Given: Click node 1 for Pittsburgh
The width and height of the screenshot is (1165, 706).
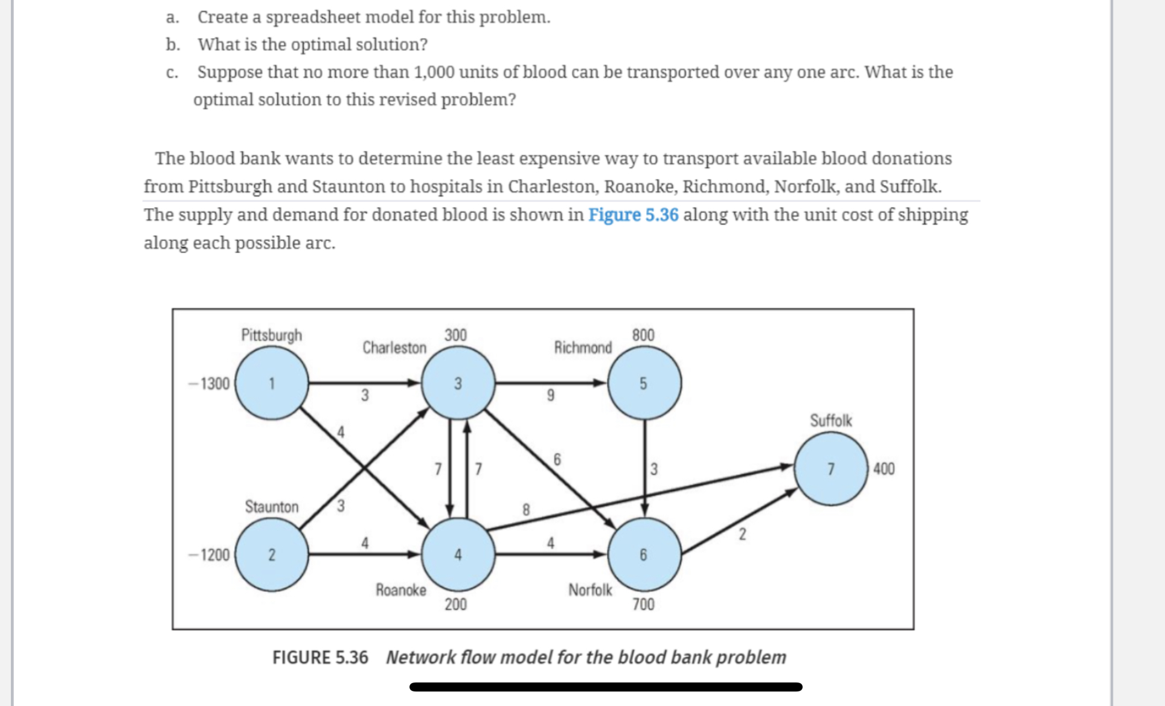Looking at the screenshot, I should click(272, 383).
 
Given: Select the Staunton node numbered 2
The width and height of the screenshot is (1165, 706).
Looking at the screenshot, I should click(272, 555).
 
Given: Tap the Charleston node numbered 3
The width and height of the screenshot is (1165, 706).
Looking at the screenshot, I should click(458, 383).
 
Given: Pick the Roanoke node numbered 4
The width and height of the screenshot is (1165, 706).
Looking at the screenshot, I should click(458, 555).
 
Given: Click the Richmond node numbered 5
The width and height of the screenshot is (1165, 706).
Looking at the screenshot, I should click(644, 383).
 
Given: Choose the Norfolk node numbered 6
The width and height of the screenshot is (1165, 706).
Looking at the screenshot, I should click(644, 555).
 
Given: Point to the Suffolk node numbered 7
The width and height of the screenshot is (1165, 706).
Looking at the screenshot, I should click(831, 469).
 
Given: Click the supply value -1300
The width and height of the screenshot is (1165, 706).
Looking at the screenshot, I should click(209, 384).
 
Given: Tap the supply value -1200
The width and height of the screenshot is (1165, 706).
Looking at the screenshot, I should click(209, 555).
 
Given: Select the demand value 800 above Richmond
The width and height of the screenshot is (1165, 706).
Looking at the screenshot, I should click(643, 335).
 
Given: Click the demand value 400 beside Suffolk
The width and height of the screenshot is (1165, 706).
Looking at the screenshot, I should click(884, 469).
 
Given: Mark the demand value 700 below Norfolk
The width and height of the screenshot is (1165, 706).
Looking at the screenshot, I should click(643, 604).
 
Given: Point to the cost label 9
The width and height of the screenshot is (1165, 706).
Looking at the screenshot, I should click(550, 396).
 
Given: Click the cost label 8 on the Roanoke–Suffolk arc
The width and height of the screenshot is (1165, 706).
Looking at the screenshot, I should click(526, 510).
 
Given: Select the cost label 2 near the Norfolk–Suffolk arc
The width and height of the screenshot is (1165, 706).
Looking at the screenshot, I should click(742, 534).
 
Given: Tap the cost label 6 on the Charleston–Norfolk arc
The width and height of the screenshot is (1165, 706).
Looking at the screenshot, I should click(557, 460).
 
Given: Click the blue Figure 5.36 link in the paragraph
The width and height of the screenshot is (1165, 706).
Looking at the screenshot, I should click(633, 215).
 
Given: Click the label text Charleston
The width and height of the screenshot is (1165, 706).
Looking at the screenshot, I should click(394, 348).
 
